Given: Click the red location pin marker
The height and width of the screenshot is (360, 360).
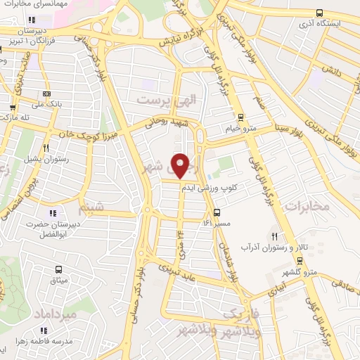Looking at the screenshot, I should tap(181, 165).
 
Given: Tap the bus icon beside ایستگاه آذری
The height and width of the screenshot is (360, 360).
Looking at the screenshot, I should tap(320, 13).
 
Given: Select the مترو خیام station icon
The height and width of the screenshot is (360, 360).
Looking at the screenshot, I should tap(241, 117).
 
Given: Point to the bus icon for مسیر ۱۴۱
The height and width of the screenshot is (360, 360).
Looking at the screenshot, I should tap(217, 212).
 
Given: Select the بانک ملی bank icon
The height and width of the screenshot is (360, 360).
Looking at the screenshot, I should tap(47, 94).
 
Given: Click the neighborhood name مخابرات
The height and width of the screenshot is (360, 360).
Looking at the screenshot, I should tap(307, 206).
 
